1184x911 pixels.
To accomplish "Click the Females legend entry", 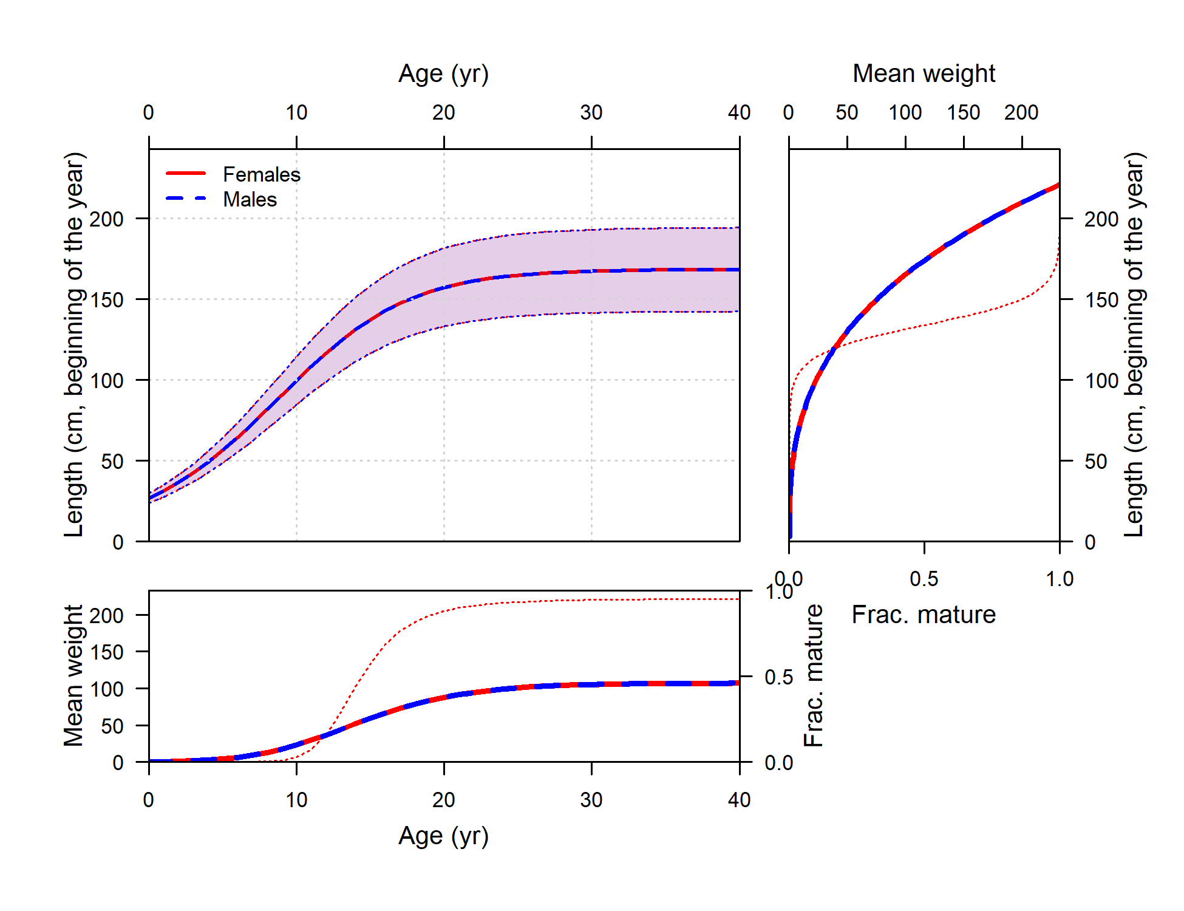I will tap(261, 174).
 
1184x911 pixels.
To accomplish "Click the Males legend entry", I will tap(250, 199).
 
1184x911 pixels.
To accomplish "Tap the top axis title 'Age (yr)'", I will tap(443, 74).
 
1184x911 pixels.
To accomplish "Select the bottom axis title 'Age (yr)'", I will tap(443, 836).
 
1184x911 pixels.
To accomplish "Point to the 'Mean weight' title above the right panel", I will tap(924, 73).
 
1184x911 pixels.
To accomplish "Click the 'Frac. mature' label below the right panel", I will tap(924, 615).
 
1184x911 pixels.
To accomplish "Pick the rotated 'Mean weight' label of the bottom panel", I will tap(73, 675).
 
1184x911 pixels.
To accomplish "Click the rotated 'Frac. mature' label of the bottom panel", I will tap(814, 675).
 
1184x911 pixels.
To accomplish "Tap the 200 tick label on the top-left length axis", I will tap(106, 219).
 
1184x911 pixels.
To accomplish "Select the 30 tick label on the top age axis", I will tap(591, 112).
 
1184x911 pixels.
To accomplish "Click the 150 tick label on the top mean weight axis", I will tap(964, 112).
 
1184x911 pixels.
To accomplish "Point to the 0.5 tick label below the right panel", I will tap(924, 579).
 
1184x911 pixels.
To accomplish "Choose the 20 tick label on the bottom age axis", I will tap(443, 800).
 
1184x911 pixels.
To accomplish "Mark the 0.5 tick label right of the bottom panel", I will tap(778, 677).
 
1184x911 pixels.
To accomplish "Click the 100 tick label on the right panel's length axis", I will tap(1101, 381).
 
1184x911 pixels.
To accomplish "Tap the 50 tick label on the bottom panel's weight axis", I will tap(112, 726).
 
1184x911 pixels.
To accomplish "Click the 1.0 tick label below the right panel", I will tap(1060, 579).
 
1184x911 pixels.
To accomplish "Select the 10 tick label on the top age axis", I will tap(296, 112).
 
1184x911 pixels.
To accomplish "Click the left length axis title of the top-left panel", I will tap(73, 344).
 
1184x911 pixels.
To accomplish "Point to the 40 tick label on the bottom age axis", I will tap(739, 800).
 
